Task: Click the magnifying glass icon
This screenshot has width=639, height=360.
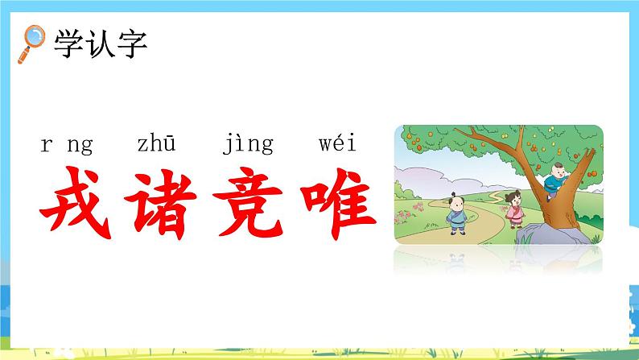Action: [x=33, y=41]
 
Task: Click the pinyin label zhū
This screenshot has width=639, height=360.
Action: [x=157, y=145]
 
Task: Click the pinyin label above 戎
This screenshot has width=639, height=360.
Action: [x=66, y=147]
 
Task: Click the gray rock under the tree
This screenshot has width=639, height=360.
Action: [x=538, y=233]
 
